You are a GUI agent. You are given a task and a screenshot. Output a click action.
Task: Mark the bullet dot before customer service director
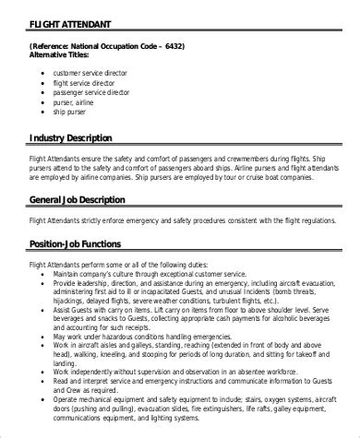pos(44,72)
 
